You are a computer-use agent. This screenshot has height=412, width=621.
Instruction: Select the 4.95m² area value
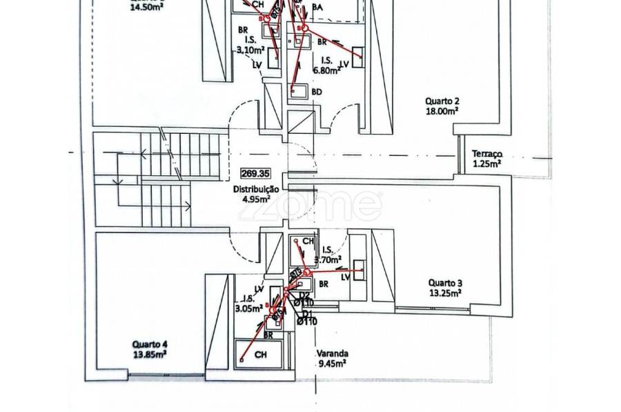click(x=256, y=199)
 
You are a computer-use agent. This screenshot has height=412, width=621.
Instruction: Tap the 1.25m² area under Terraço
click(x=486, y=164)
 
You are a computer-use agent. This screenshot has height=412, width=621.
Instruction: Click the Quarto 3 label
click(x=445, y=282)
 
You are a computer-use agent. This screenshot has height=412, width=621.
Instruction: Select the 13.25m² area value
click(x=445, y=292)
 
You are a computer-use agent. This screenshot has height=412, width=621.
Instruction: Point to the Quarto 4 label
click(x=150, y=344)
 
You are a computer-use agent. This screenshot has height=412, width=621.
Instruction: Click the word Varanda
click(x=331, y=351)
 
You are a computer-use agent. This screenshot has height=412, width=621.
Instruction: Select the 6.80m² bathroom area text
click(x=327, y=70)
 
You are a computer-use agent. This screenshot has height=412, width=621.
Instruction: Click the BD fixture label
click(x=317, y=91)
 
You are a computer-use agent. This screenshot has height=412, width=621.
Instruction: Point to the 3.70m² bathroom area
click(x=328, y=259)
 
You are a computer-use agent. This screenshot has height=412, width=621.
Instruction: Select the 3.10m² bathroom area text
click(x=251, y=50)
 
